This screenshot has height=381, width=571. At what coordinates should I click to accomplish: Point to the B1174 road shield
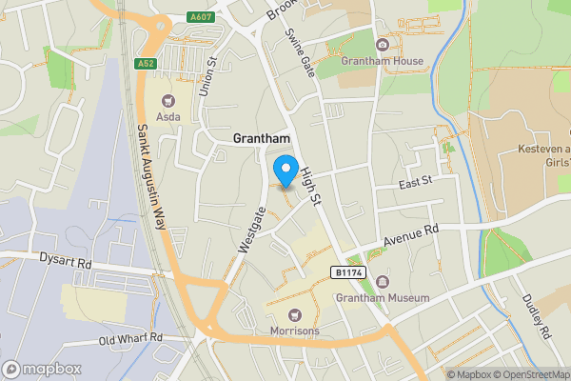coord(348,272)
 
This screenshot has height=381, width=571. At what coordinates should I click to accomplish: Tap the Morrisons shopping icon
coord(293,313)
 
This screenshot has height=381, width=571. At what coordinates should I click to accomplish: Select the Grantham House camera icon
coord(383,45)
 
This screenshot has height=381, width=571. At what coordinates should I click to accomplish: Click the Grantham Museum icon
coord(383,281)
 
